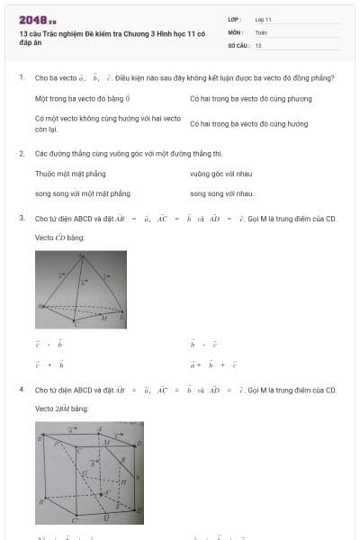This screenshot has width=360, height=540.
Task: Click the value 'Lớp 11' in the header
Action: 264,18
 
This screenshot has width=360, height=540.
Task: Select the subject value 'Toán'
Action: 261,31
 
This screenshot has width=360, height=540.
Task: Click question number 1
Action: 22,78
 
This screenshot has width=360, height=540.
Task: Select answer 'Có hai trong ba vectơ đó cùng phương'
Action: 238,98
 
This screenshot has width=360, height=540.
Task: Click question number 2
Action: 22,153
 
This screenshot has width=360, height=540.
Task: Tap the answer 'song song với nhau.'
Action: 221,193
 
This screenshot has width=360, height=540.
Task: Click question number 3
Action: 22,219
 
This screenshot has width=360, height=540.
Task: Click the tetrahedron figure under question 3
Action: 81,290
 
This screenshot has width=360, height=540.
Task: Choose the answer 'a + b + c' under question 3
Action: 212,365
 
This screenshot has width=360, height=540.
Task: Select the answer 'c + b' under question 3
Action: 49,365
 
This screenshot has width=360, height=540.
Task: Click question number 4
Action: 22,391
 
